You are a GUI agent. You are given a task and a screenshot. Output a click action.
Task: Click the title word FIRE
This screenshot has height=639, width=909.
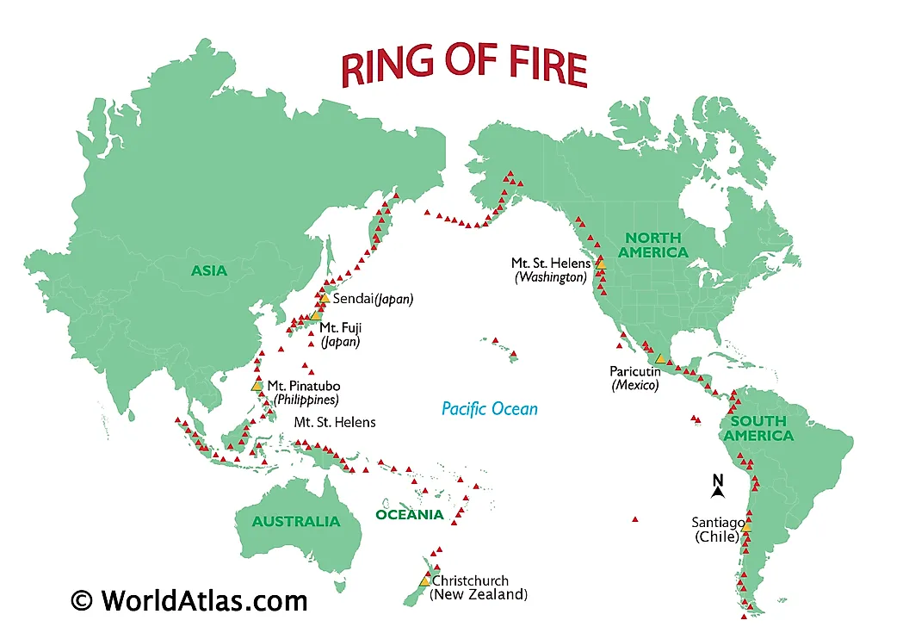coord(538,67)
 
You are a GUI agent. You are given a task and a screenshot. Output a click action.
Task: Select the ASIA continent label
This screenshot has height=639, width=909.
coord(209,271)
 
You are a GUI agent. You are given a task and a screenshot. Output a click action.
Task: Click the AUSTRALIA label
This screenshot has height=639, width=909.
coord(296,522)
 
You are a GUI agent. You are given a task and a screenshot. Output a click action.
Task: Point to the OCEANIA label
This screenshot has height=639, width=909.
coord(410,515)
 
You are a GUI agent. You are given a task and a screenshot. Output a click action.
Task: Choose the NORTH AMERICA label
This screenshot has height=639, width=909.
coord(653,245)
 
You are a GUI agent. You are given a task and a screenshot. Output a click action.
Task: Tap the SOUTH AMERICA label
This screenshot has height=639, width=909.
coord(758,428)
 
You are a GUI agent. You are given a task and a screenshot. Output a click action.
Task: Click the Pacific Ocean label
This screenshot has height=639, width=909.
coord(489,409)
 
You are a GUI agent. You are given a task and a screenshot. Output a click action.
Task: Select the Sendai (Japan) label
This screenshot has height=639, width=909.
coord(373,300)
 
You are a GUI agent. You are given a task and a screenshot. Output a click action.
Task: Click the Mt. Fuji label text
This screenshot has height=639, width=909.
coord(339,327)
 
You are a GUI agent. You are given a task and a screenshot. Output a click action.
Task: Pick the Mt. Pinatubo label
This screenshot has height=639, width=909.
coord(299,386)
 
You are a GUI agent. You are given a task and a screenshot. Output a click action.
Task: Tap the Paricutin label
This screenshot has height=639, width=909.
coord(634,371)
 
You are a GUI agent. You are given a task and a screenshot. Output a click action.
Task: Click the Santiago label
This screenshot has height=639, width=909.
coord(717,523)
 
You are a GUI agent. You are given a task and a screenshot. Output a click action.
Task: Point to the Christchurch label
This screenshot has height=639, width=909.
coord(470,581)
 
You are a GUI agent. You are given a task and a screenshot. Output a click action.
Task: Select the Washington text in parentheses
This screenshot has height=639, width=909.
coord(551,277)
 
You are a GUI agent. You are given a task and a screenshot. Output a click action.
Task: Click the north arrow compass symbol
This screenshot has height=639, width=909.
coord(717,487)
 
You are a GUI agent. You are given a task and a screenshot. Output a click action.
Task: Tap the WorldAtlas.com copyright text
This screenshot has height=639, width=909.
coord(189,599)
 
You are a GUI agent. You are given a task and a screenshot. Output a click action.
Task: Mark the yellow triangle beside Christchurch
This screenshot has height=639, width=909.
coord(424,581)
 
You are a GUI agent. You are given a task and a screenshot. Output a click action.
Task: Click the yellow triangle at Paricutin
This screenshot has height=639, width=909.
coord(660,358)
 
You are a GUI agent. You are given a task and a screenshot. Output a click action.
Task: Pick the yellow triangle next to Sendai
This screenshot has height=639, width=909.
coord(325,298)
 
